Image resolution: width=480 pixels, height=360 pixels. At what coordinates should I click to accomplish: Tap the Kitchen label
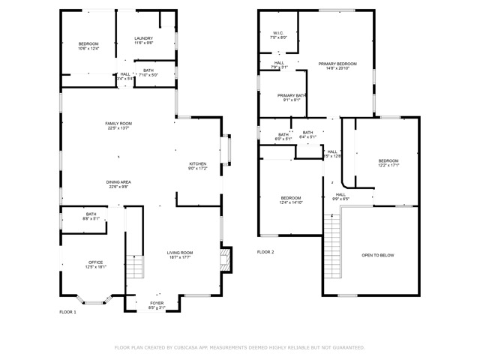(x=197, y=166)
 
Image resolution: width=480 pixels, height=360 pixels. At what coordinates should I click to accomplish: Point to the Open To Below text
(x=378, y=256)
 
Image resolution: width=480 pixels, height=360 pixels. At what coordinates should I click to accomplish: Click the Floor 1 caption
(x=67, y=311)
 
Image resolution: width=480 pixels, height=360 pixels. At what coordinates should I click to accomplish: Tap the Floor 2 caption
(x=265, y=252)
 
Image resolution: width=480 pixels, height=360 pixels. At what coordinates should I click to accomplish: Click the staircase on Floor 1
(x=133, y=267)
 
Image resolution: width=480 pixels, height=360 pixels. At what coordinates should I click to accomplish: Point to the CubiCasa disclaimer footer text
(x=239, y=347)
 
